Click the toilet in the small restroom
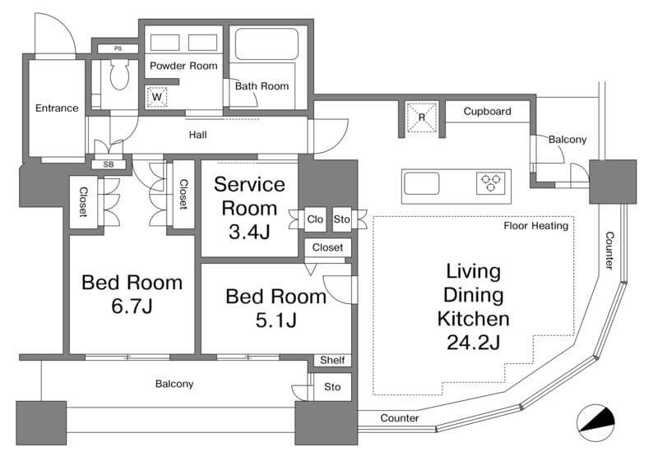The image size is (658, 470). coord(119,75)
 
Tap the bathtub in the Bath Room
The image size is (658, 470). coord(266,44)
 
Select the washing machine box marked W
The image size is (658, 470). coord(157,97)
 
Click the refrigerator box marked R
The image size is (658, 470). coord(422,117)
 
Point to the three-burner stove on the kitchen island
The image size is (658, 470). coord(490,183)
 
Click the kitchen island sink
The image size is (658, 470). coord(422,183)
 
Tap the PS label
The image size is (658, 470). coord(118,48)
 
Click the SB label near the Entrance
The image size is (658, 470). coord(109,165)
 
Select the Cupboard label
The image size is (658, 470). coord(487,112)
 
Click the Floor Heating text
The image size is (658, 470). coord(536,226)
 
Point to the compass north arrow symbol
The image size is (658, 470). coord(595,422)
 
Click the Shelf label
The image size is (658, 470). coord(332,360)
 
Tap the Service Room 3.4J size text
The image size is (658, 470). coord(249,232)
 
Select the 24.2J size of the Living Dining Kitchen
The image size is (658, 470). coord(474,343)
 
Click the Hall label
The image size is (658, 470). coord(197,135)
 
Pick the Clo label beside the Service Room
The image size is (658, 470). coord(315,219)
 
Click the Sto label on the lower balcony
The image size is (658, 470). coord(332,387)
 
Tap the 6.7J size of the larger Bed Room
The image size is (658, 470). coord(132,306)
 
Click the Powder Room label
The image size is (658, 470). coord(183,66)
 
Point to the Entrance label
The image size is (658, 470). coord(57,108)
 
